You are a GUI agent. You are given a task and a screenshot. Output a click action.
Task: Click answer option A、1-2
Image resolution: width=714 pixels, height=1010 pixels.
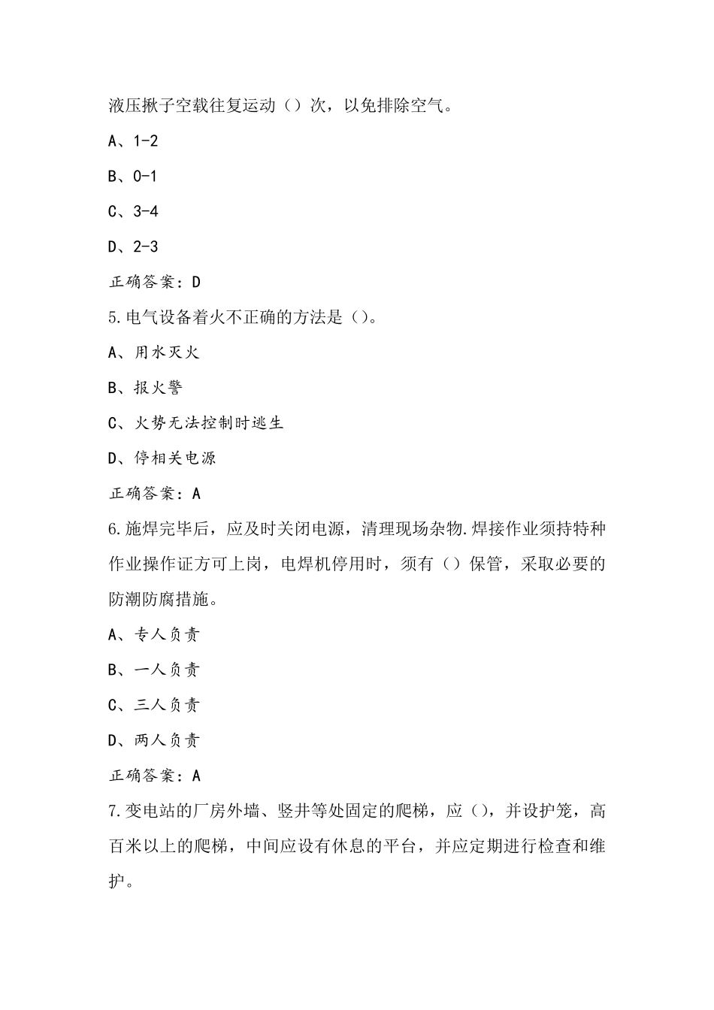[133, 141]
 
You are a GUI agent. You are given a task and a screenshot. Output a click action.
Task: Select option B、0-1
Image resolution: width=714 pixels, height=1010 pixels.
[133, 177]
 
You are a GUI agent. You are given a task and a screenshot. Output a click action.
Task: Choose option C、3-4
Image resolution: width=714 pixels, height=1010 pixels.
[133, 212]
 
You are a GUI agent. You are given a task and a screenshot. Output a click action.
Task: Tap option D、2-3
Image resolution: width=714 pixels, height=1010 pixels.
[133, 247]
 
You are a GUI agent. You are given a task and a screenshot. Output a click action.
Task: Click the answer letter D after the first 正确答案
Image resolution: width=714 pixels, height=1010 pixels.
[196, 283]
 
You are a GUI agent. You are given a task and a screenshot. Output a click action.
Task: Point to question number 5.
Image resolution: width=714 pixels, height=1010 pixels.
[113, 318]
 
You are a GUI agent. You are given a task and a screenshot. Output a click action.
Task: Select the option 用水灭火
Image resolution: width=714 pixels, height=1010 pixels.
[166, 352]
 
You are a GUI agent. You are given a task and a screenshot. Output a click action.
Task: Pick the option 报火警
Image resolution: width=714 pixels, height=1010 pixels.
[158, 388]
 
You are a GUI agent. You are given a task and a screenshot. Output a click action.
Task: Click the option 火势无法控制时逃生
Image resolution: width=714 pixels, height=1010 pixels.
[208, 423]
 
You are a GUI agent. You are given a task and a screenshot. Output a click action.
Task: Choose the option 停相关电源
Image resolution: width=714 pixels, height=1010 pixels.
[174, 458]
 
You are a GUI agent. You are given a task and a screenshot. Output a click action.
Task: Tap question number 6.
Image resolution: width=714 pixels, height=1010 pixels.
[113, 529]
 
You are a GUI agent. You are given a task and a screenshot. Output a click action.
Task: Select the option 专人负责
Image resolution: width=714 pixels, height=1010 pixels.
[166, 635]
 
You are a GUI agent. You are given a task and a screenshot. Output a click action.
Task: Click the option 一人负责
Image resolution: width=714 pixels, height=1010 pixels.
[166, 670]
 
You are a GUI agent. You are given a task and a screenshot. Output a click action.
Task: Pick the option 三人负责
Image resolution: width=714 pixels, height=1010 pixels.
[166, 706]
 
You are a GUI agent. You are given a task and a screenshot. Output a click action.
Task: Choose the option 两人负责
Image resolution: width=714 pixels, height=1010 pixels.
[166, 741]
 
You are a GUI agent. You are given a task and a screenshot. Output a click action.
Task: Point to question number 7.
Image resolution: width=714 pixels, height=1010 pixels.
[113, 812]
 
